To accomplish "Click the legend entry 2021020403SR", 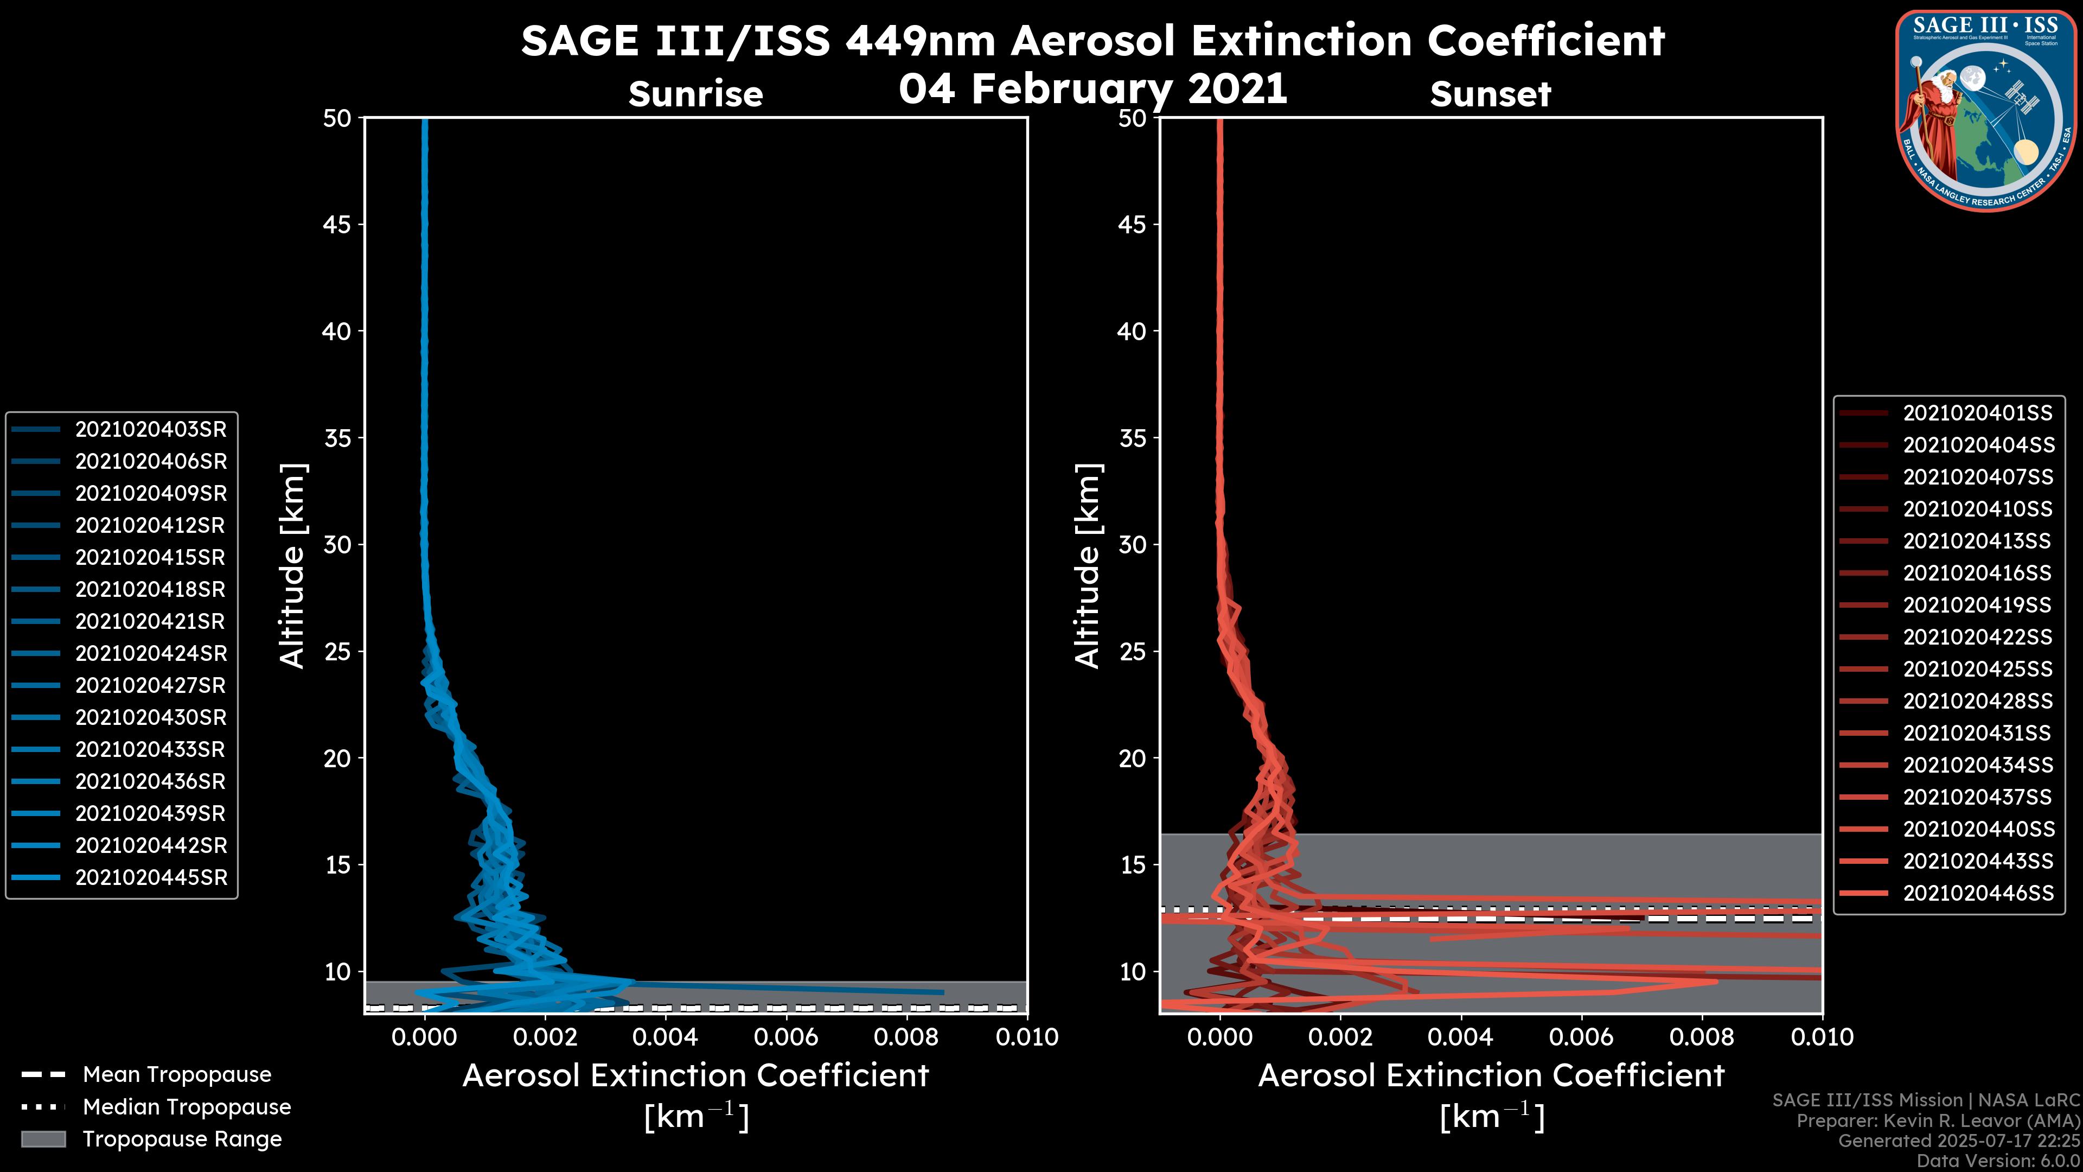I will click(x=150, y=430).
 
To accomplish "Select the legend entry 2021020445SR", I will click(x=150, y=877).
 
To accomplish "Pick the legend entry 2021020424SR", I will click(x=150, y=653).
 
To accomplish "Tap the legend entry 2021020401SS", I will click(x=1977, y=413).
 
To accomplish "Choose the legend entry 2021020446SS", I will click(x=1977, y=893).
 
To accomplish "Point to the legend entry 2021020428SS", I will click(x=1977, y=701).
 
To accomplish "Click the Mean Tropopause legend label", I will click(x=177, y=1075).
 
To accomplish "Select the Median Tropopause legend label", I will click(x=187, y=1107).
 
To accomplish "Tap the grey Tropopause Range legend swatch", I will click(x=43, y=1139).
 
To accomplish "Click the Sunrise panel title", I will click(x=695, y=94).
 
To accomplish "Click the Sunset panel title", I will click(x=1490, y=94).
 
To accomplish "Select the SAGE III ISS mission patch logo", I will click(x=1985, y=111).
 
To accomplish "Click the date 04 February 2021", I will click(x=1092, y=89).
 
